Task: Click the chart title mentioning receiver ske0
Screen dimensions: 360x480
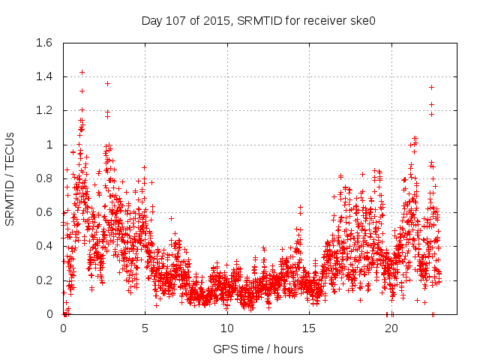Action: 258,21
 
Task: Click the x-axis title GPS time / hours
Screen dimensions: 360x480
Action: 258,349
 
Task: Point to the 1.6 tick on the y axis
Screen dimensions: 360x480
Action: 46,43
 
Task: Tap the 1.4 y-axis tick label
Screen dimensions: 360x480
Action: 46,76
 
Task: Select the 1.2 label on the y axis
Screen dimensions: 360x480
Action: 46,110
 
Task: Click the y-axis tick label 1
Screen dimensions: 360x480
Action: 51,145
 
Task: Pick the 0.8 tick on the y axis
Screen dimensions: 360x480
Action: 46,178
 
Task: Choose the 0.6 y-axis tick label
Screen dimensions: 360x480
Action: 46,212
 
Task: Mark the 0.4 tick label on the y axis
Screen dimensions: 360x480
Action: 46,246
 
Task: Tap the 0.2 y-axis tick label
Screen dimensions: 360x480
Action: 46,280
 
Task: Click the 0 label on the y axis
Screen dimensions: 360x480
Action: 51,314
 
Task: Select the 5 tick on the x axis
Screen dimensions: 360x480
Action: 145,328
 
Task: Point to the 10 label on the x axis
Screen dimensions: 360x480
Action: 227,328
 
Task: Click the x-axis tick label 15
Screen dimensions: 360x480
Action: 309,328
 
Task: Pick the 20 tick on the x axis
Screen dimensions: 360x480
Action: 391,328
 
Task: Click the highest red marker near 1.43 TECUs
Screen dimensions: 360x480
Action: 82,72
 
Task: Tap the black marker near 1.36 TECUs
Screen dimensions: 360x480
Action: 107,83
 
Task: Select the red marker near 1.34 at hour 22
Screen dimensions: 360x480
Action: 431,87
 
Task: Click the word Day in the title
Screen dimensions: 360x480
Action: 152,21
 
